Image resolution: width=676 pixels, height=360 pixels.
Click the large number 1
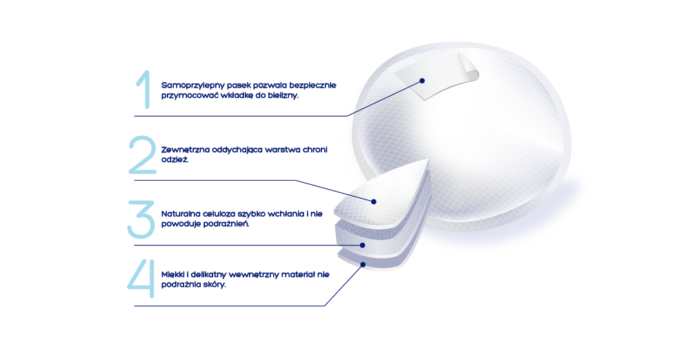pyautogui.click(x=144, y=90)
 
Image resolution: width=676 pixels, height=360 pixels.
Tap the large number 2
pyautogui.click(x=142, y=154)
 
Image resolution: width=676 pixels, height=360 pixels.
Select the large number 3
pyautogui.click(x=141, y=219)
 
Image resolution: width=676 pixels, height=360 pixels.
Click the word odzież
pyautogui.click(x=175, y=159)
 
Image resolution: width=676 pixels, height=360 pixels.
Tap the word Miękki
pyautogui.click(x=173, y=274)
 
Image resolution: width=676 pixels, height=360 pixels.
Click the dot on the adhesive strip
pyautogui.click(x=422, y=81)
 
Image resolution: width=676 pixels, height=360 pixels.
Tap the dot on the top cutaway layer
pyautogui.click(x=374, y=201)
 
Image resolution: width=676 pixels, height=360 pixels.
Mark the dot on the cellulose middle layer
pyautogui.click(x=363, y=245)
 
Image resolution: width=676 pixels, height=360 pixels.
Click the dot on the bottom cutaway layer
pyautogui.click(x=363, y=264)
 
